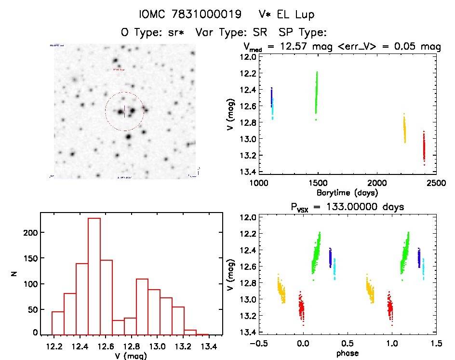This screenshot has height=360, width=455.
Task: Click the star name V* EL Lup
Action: (286, 14)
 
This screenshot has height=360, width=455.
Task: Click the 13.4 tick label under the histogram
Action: (209, 347)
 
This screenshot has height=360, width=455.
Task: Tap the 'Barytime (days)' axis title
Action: (347, 193)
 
